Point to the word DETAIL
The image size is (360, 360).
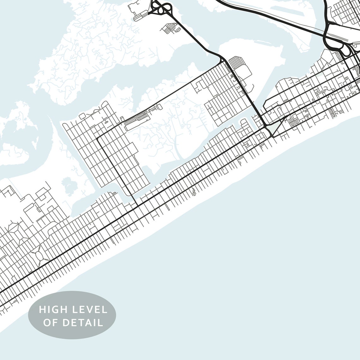(83, 322)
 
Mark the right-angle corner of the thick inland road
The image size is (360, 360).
(98, 138)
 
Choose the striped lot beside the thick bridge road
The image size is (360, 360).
(235, 62)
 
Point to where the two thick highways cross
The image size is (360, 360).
(327, 33)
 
